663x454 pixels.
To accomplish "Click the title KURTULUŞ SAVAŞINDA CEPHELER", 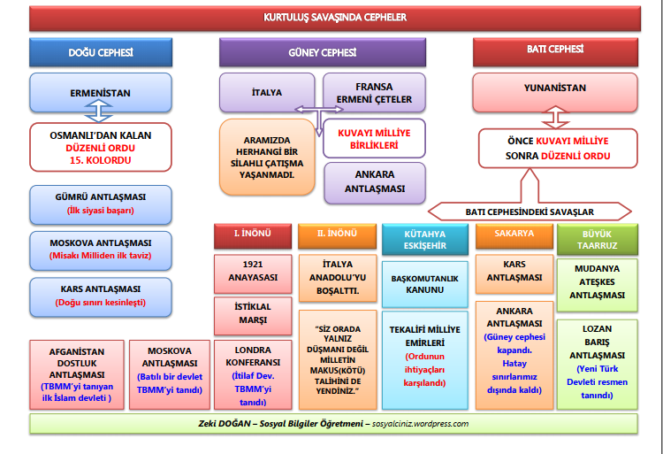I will coord(332,17).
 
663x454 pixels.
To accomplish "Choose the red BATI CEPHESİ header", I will coord(554,50).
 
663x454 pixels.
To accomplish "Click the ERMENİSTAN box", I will coord(101,92).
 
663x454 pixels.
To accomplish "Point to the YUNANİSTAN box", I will coord(554,88).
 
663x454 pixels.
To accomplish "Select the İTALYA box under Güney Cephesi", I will coord(267,92).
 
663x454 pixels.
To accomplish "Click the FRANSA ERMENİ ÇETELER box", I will coord(374,93).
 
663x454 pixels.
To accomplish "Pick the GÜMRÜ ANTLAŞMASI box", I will coord(101,204).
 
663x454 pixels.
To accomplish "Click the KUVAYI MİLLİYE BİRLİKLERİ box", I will coord(374,138).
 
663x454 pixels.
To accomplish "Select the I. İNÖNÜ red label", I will coord(251,235).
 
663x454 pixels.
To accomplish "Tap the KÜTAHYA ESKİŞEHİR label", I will coord(424,239).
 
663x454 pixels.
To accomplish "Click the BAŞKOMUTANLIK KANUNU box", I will coord(424,283).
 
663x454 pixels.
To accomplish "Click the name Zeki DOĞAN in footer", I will coord(232,424).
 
